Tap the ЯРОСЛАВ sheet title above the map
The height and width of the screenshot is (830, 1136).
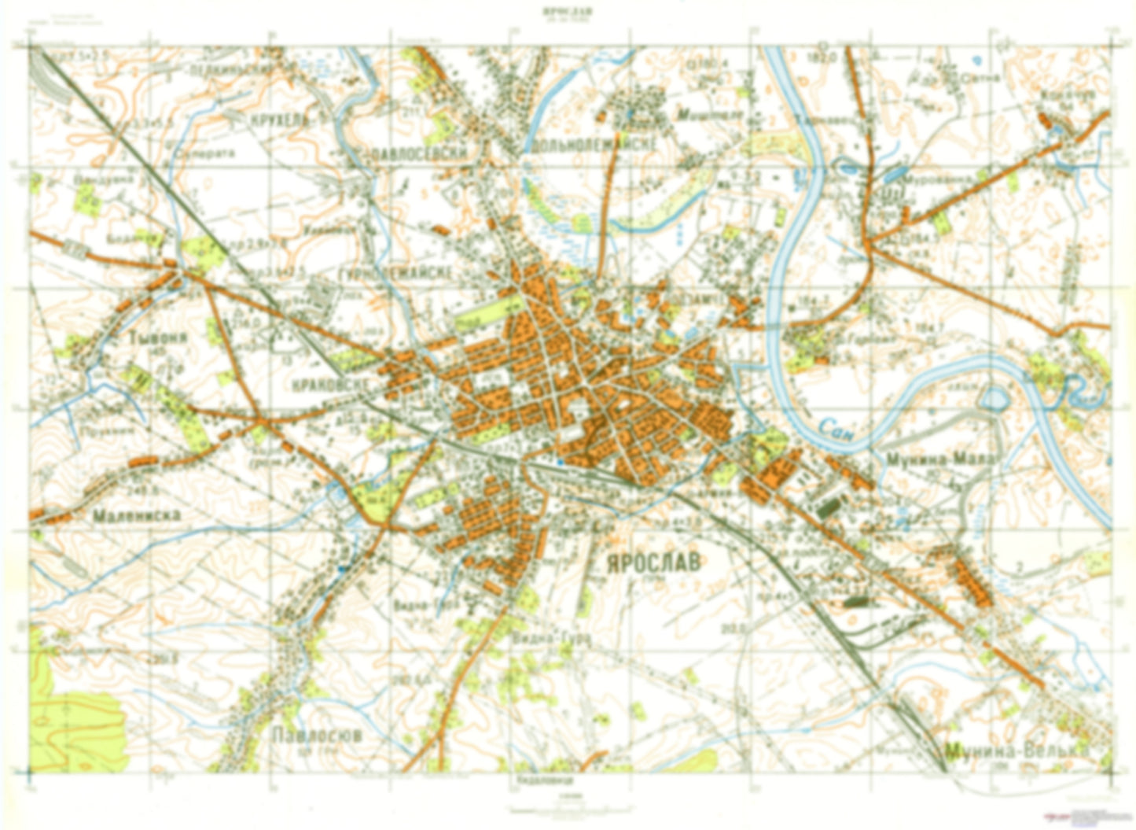pos(567,11)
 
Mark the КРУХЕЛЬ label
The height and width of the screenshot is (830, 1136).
pos(278,120)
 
